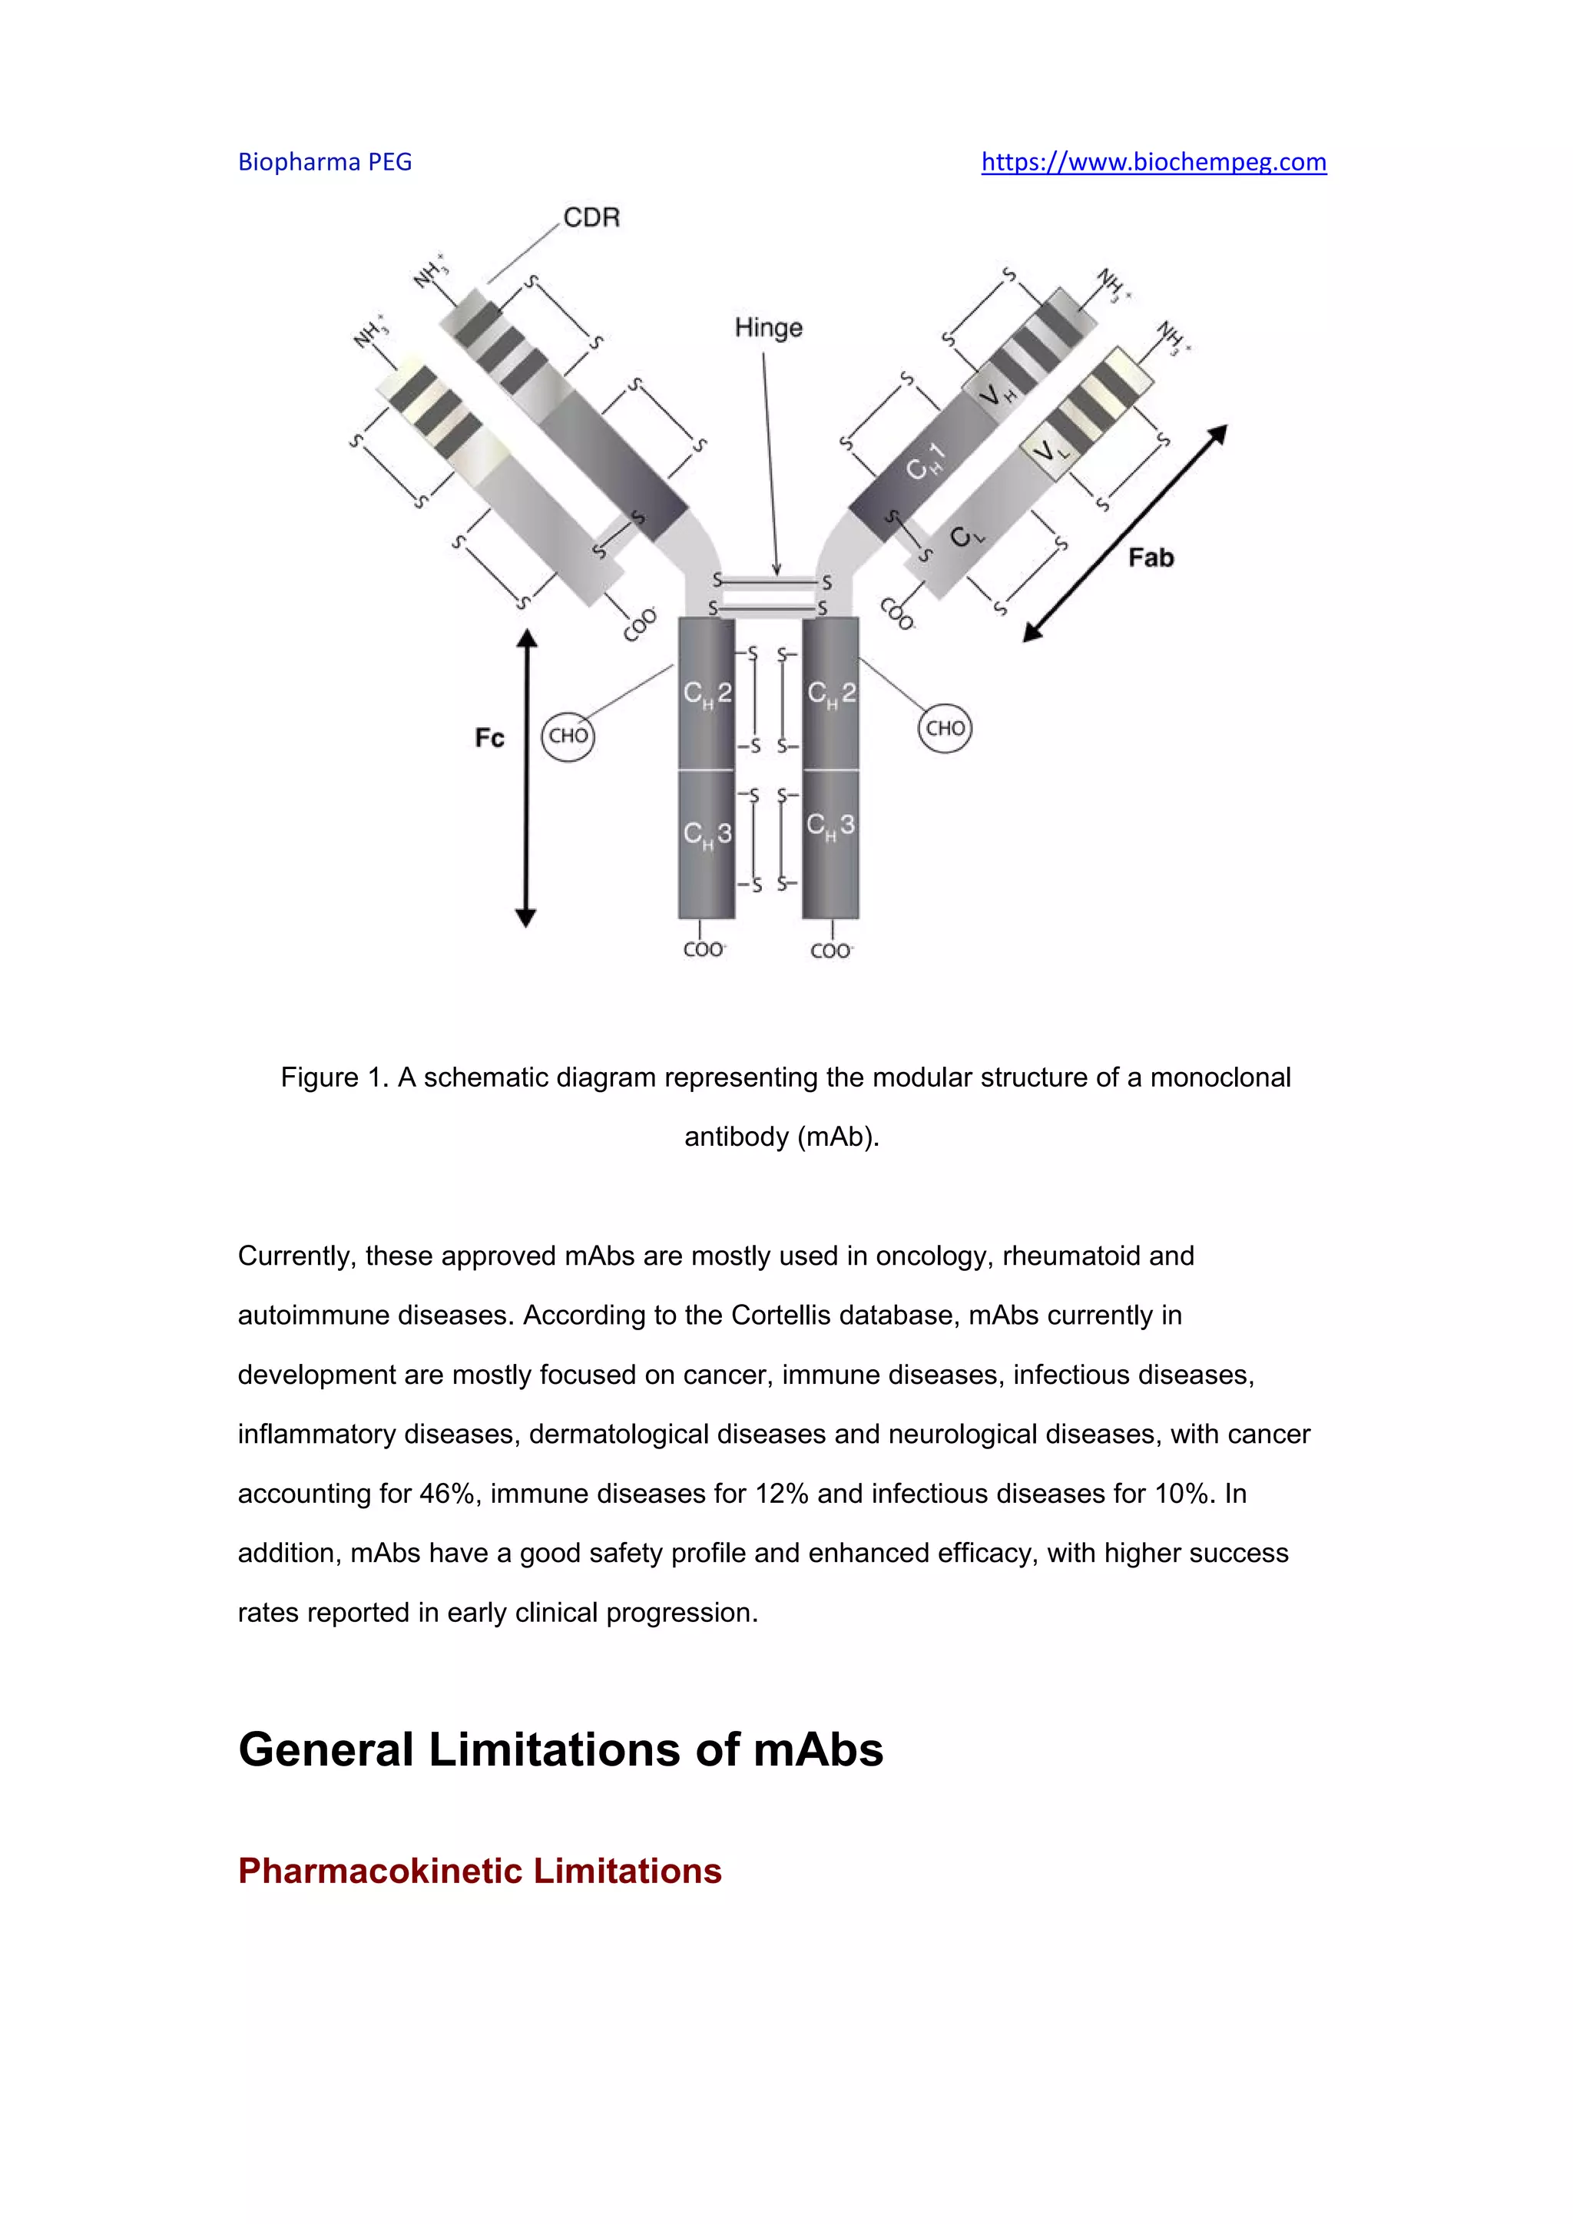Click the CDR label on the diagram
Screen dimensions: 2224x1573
click(591, 218)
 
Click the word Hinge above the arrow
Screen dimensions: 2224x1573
click(768, 329)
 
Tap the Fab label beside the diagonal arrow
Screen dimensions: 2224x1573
click(1151, 558)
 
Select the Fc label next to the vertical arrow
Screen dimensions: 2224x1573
click(489, 739)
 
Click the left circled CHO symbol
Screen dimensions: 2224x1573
click(568, 736)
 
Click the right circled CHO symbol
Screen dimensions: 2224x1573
click(945, 729)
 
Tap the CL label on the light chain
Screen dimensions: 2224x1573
click(965, 536)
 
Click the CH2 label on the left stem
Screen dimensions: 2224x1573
click(707, 693)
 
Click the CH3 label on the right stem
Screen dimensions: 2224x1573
click(831, 826)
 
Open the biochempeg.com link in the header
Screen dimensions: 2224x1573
click(1154, 162)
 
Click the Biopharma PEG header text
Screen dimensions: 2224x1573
click(326, 162)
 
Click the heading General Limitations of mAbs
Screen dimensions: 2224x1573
click(561, 1750)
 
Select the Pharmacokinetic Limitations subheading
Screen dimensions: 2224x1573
click(479, 1871)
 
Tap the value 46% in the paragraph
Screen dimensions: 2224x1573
click(445, 1494)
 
